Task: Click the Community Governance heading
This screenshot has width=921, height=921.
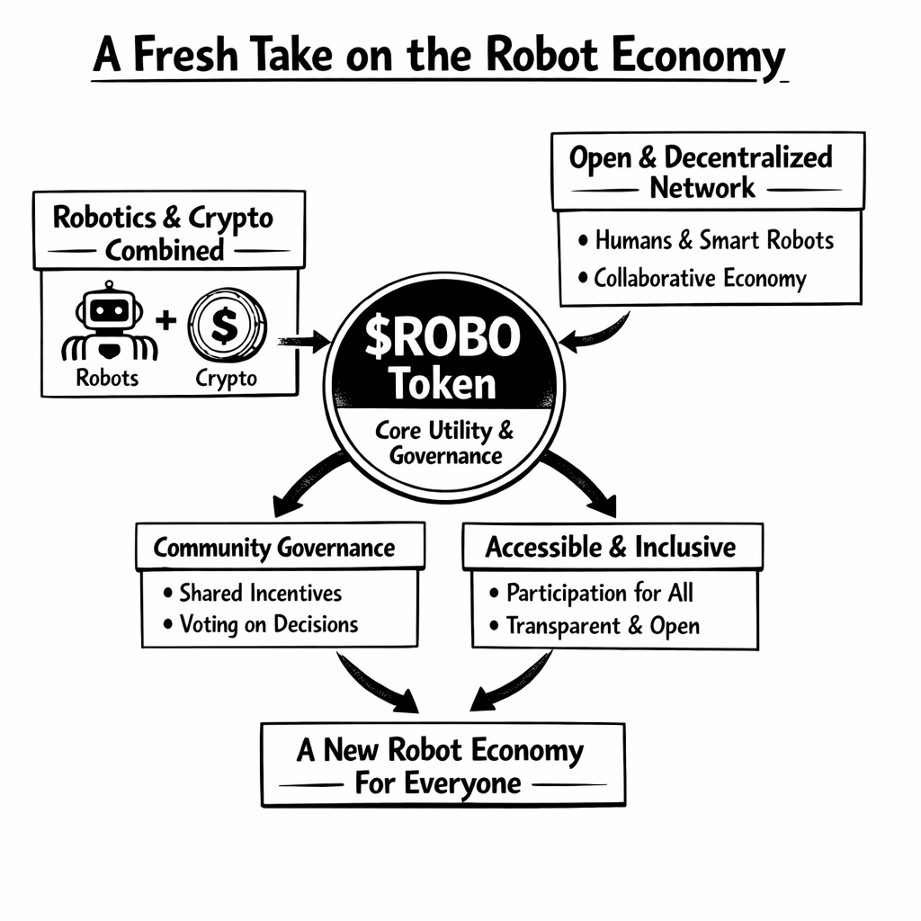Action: pos(273,548)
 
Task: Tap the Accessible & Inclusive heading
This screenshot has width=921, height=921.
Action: pos(610,547)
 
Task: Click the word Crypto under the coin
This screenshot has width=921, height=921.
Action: pos(226,378)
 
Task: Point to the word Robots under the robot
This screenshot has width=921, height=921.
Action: pos(108,378)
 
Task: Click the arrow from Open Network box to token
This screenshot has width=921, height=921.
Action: pos(595,331)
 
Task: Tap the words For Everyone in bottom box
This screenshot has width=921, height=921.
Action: pos(437,782)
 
